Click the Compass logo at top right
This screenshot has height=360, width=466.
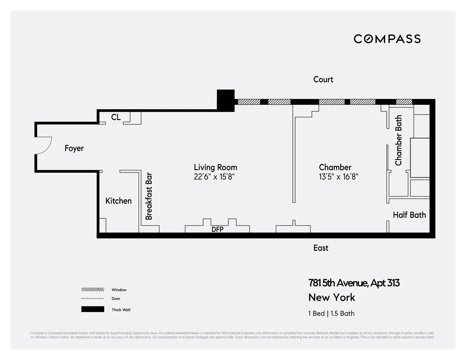[x=387, y=39]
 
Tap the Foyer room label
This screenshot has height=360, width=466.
[x=74, y=148]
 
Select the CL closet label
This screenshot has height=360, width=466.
[x=116, y=117]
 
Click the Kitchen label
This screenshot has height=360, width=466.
[x=118, y=201]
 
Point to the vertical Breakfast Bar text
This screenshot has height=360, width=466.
[x=149, y=196]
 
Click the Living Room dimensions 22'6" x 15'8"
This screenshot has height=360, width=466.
[x=215, y=177]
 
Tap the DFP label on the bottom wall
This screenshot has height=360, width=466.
[x=217, y=229]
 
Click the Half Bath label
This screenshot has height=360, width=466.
[x=409, y=215]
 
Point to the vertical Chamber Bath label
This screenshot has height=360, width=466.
[x=398, y=140]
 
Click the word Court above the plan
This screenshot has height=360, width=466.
[x=323, y=79]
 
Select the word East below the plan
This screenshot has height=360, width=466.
[x=321, y=248]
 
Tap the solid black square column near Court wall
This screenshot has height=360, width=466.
[x=226, y=100]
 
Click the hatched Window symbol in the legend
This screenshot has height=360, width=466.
[x=92, y=289]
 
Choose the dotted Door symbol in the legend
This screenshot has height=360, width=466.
[x=92, y=298]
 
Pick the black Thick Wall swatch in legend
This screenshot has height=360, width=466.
[x=92, y=309]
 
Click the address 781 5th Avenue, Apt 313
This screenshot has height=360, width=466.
[x=353, y=283]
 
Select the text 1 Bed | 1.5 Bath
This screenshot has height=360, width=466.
[x=331, y=313]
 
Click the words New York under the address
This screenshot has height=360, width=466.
[x=332, y=298]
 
